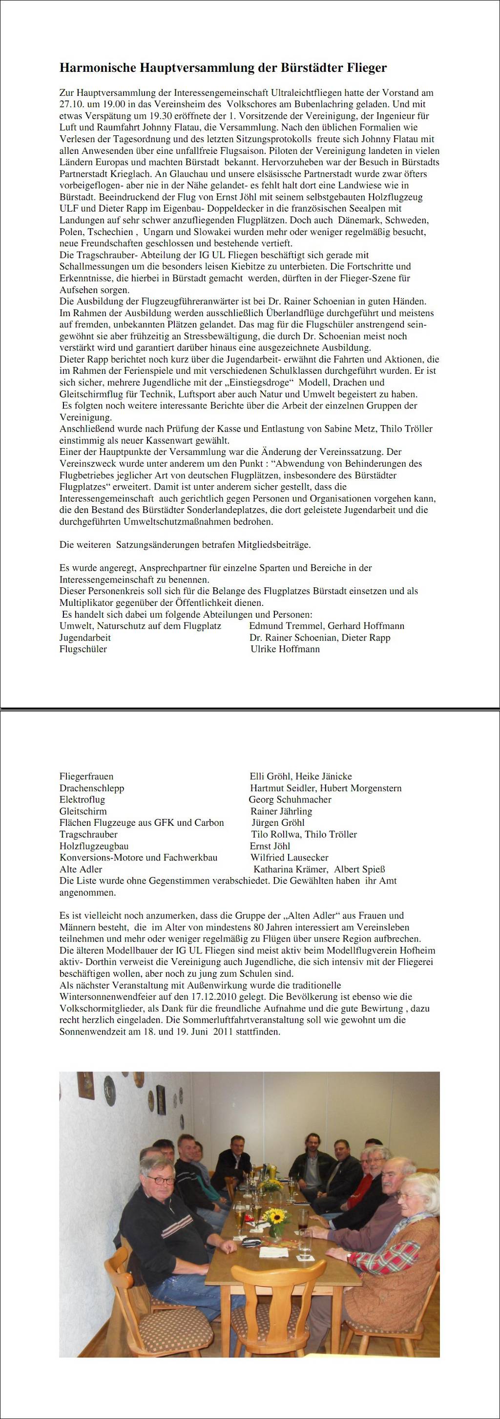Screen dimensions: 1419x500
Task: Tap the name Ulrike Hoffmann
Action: [x=285, y=649]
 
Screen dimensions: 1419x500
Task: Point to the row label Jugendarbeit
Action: [x=85, y=637]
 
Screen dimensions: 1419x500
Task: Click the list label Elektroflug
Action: [x=82, y=799]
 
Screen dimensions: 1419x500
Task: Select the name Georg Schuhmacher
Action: [x=290, y=799]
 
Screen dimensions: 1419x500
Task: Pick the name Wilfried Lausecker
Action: [x=289, y=857]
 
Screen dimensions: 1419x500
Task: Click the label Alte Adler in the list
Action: [x=81, y=869]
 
